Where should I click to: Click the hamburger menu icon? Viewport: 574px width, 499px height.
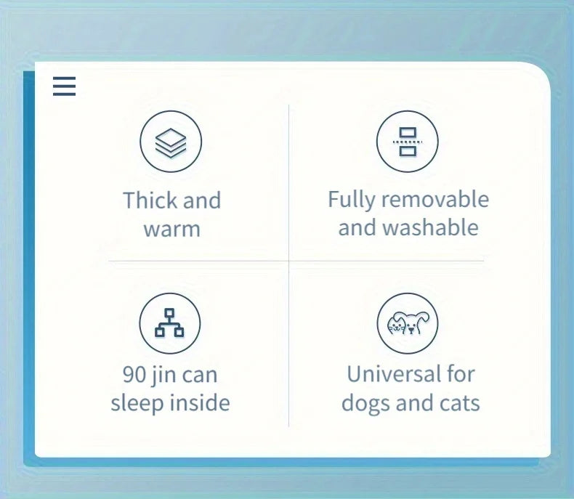click(64, 86)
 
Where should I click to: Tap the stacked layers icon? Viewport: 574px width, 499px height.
click(171, 142)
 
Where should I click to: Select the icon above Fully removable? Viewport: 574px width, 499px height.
click(408, 142)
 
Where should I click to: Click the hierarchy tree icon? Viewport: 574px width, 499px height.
click(170, 323)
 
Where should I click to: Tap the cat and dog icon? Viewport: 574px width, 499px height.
click(408, 323)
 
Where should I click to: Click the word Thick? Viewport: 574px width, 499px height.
click(150, 200)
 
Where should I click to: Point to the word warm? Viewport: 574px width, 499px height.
click(172, 230)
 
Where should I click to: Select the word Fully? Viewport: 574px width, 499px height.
click(352, 200)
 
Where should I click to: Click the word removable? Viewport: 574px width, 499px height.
click(435, 199)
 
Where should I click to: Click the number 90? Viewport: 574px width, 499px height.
click(134, 375)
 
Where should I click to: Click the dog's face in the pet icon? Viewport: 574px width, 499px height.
click(414, 325)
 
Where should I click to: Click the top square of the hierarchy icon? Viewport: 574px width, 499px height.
click(169, 313)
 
